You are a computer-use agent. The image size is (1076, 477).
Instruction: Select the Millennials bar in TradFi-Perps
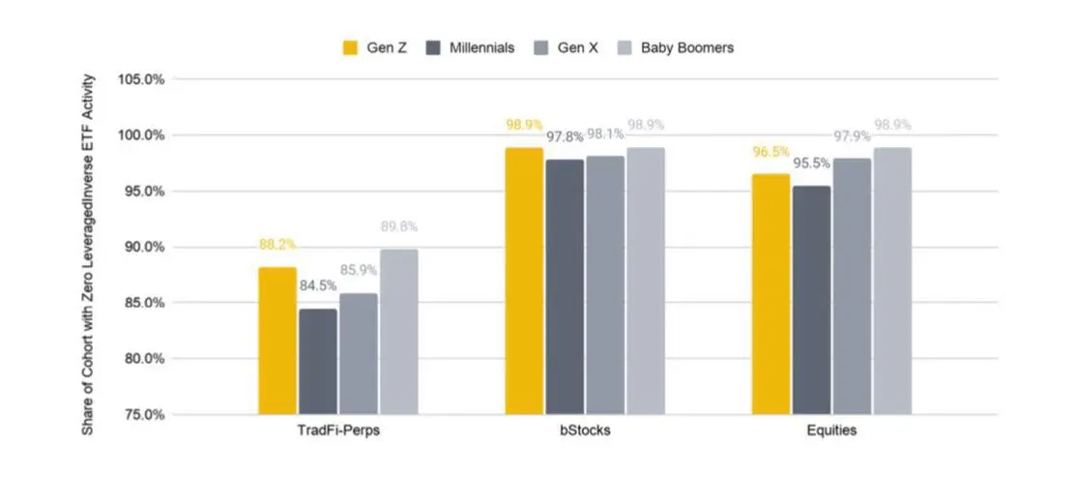[x=318, y=362]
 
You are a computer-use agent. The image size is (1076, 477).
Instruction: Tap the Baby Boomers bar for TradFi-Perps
[x=399, y=332]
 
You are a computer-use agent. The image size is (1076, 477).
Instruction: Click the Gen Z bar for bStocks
[x=524, y=281]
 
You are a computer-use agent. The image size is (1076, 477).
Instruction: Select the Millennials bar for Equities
[x=811, y=300]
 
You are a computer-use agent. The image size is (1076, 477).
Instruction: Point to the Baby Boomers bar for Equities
[x=892, y=281]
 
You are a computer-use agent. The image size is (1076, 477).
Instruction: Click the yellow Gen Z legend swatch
[x=350, y=48]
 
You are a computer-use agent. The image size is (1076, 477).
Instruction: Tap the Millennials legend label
[x=481, y=48]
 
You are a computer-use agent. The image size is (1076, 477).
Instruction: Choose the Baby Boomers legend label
[x=687, y=48]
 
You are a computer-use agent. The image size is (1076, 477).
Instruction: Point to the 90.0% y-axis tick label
[x=144, y=247]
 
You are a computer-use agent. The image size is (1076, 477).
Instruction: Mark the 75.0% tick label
[x=144, y=414]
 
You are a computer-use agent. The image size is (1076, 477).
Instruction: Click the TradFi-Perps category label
[x=338, y=432]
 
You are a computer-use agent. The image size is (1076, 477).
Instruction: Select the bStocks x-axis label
[x=585, y=432]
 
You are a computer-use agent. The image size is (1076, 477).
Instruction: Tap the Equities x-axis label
[x=831, y=432]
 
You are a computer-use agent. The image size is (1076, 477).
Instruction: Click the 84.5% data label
[x=317, y=285]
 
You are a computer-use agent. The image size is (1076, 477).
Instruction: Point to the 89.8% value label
[x=399, y=226]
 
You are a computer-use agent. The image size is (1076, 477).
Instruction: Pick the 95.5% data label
[x=812, y=164]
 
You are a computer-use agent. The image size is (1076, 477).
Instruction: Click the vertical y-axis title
[x=88, y=253]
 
